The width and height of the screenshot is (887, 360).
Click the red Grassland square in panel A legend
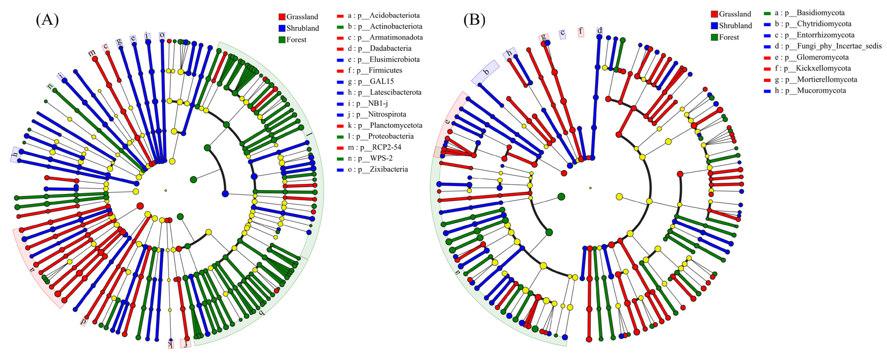coord(282,17)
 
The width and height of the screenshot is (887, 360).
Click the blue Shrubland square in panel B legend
coord(714,26)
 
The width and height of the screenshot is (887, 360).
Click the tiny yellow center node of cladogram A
coord(166,191)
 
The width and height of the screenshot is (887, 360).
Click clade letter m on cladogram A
coord(92,53)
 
